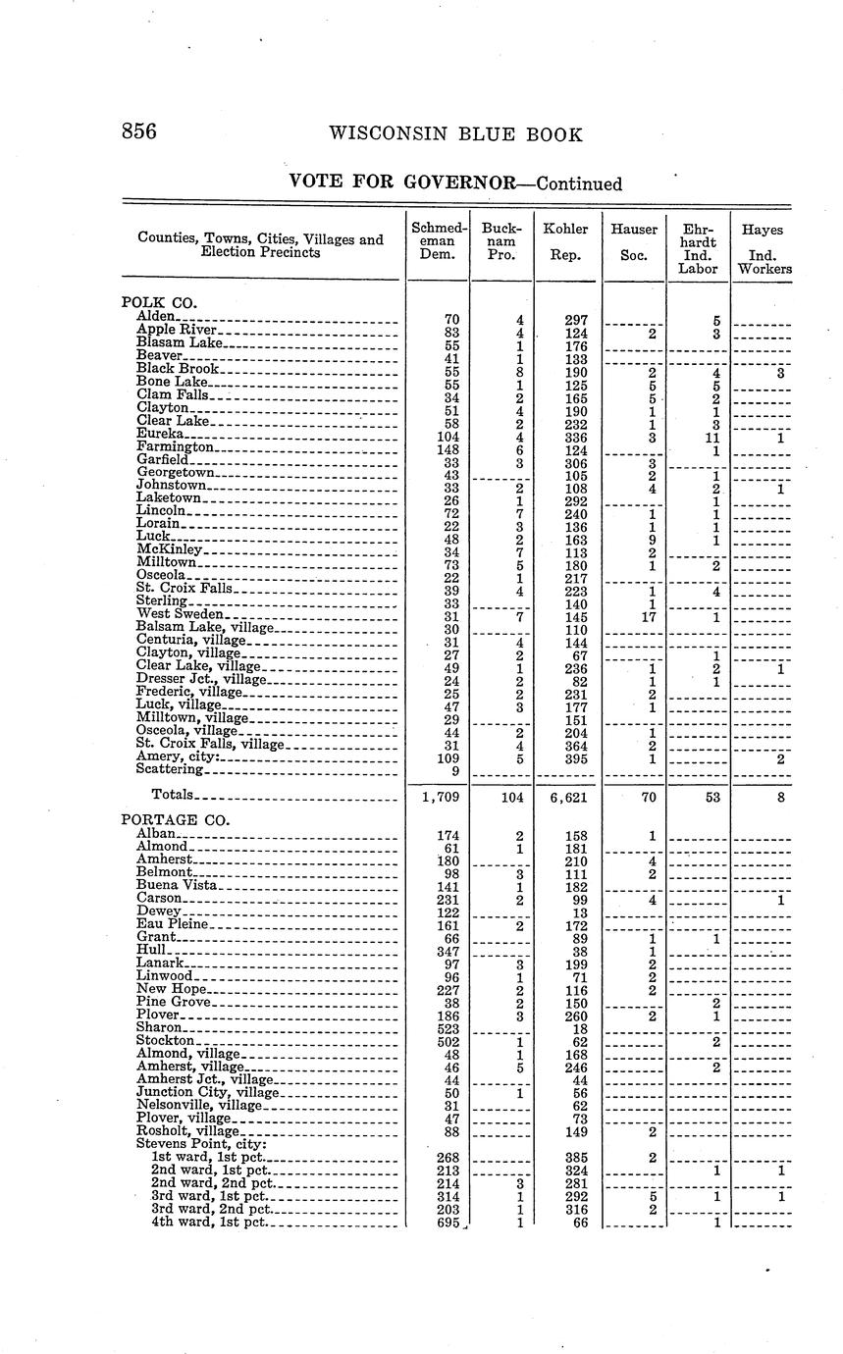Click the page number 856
(138, 133)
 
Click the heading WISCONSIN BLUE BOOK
(455, 134)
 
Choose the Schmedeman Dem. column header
(438, 240)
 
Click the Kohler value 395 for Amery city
(570, 758)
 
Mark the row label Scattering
(169, 771)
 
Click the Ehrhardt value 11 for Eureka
(713, 435)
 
